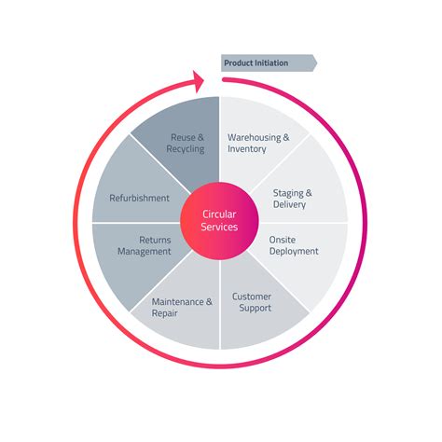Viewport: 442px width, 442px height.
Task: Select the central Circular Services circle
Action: pos(220,221)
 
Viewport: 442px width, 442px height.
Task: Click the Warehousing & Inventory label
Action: pos(258,143)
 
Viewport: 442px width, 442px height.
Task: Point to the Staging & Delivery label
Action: pos(292,198)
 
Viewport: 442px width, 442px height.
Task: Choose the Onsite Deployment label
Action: pos(294,244)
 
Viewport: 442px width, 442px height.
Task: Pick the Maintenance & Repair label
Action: pos(183,307)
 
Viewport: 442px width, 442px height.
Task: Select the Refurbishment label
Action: pos(140,198)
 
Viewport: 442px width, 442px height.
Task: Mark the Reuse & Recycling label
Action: pos(187,143)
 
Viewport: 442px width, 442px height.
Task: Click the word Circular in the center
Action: pos(220,214)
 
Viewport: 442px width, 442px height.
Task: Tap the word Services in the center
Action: pos(220,228)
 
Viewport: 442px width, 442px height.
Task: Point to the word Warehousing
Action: pos(254,137)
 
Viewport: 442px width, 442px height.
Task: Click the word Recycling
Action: pos(187,149)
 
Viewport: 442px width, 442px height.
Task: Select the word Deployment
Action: pos(294,251)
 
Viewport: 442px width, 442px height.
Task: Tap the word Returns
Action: pos(155,239)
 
